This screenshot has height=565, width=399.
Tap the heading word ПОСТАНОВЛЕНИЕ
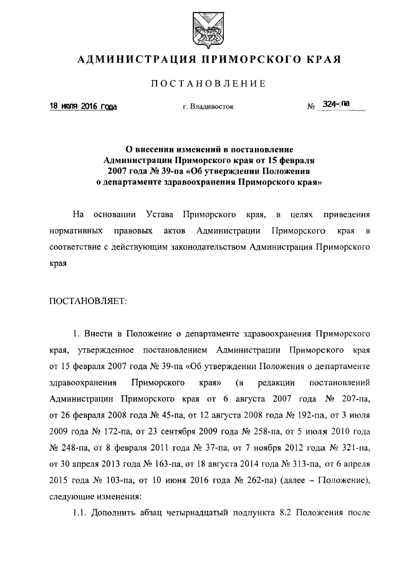(199, 84)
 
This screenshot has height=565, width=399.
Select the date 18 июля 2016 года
(84, 106)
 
